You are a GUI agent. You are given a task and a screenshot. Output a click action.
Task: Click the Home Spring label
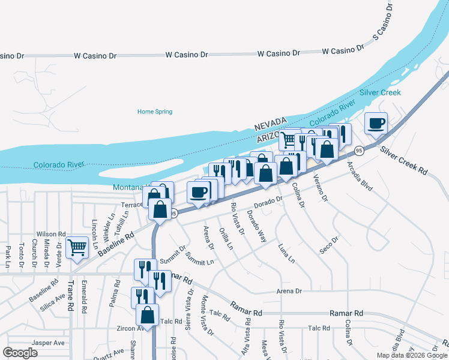pos(155,112)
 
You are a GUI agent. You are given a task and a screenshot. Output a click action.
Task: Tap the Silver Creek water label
pos(380,93)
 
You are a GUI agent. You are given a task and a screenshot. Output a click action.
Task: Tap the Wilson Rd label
pos(50,234)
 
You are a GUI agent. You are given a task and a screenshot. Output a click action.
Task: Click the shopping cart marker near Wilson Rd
pos(77,247)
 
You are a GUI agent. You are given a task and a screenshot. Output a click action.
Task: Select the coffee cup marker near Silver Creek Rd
pos(376,124)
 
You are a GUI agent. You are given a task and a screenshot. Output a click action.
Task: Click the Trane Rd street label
pos(70,298)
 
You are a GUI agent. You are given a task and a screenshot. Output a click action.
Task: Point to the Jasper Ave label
pos(49,343)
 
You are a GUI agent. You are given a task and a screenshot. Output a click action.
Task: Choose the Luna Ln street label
pos(286,253)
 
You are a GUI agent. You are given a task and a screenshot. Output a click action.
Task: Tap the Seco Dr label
pos(329,245)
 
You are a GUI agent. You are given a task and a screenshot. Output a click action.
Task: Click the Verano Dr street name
pos(321,187)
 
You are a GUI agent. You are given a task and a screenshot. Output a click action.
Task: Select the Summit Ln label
pos(199,259)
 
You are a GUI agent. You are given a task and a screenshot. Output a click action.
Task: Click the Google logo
pos(20,353)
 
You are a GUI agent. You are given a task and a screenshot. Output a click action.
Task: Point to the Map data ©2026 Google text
pos(412,355)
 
